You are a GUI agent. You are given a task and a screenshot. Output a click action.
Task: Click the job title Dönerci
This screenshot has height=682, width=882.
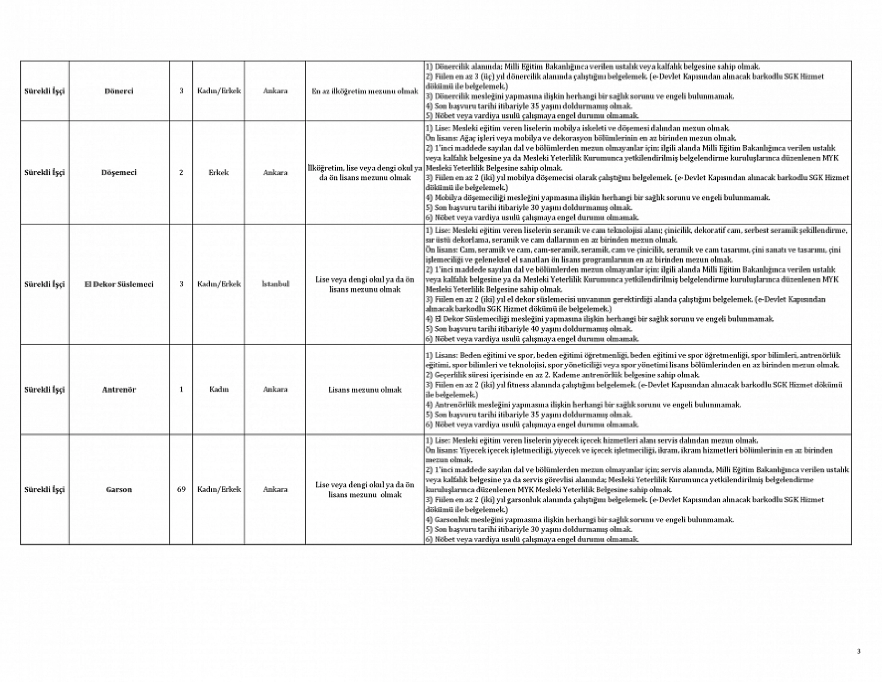(x=119, y=91)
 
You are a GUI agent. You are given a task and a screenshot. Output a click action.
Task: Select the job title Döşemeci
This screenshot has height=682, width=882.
(x=119, y=172)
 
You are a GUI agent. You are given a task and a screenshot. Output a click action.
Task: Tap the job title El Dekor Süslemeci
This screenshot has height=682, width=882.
(x=119, y=285)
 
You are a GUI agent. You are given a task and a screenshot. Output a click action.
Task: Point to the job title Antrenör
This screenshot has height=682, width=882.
(x=119, y=389)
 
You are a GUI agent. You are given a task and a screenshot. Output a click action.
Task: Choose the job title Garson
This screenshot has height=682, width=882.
(x=119, y=490)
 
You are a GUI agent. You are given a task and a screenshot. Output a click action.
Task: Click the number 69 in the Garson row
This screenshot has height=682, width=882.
(x=181, y=490)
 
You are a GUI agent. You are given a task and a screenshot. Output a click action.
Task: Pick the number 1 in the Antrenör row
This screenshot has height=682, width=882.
(x=181, y=389)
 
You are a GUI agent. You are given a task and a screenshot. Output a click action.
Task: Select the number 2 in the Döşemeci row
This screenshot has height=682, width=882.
(x=181, y=172)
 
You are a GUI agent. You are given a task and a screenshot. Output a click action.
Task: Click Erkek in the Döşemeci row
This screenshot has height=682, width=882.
(x=218, y=172)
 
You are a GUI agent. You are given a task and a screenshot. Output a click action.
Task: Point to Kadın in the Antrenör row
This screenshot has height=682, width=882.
(x=218, y=389)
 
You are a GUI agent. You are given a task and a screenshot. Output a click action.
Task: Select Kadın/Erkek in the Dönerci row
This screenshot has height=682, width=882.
(x=219, y=91)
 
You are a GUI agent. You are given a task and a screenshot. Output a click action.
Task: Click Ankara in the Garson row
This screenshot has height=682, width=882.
(x=275, y=490)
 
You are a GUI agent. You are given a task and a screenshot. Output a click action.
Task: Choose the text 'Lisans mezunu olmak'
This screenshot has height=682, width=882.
(x=364, y=389)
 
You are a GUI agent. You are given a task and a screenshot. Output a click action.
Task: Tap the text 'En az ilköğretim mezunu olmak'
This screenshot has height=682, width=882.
(x=364, y=91)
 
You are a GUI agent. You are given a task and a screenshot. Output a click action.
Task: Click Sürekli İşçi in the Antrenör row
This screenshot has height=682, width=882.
(x=45, y=389)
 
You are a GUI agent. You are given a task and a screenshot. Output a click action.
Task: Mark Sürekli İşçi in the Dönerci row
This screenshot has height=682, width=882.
(x=45, y=91)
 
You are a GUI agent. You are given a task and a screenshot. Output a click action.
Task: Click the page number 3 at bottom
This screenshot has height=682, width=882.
(x=858, y=652)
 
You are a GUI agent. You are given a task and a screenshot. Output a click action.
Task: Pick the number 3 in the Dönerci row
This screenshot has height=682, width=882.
(x=181, y=91)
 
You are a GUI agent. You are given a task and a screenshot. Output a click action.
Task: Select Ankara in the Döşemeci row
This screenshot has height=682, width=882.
(x=275, y=172)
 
